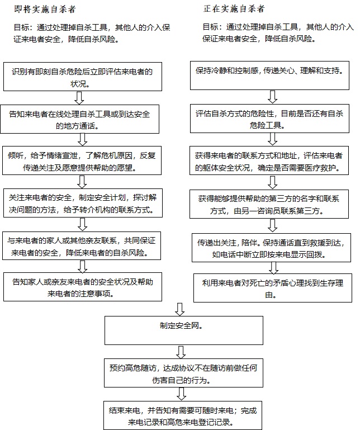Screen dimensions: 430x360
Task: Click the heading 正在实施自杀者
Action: [232, 10]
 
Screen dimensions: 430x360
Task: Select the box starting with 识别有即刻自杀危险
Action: [82, 77]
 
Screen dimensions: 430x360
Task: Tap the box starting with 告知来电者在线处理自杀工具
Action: [82, 119]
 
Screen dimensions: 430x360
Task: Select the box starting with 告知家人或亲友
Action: [82, 286]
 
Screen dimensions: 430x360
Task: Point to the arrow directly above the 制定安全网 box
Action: [180, 308]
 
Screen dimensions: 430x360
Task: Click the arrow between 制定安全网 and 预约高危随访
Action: [180, 351]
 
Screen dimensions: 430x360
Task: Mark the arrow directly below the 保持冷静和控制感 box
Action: [272, 97]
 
